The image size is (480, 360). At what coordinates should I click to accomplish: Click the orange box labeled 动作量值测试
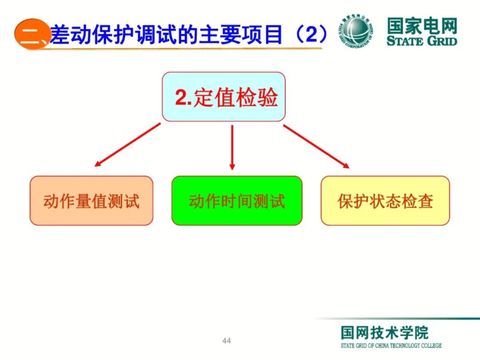(x=91, y=201)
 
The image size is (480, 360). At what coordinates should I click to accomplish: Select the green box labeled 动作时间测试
(x=236, y=201)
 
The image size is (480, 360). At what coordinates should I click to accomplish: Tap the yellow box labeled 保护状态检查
(x=385, y=201)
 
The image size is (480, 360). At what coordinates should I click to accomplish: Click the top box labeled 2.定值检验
(x=223, y=97)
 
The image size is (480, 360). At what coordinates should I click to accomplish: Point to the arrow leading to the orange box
(x=127, y=145)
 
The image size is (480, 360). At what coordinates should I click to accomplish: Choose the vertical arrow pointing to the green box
(x=232, y=147)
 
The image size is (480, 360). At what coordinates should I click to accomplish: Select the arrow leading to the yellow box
(x=316, y=146)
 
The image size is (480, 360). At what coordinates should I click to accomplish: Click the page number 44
(x=227, y=341)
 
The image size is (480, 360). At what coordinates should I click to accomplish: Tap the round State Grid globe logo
(x=357, y=32)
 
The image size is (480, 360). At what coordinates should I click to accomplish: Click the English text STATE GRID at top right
(x=422, y=41)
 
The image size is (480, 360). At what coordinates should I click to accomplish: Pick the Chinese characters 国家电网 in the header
(x=422, y=26)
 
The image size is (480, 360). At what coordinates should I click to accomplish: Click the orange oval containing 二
(x=31, y=34)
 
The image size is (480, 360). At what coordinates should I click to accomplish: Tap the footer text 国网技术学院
(x=385, y=332)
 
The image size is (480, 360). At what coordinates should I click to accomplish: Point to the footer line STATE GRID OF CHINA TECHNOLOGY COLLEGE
(x=391, y=345)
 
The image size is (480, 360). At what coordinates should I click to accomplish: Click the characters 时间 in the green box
(x=236, y=201)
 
